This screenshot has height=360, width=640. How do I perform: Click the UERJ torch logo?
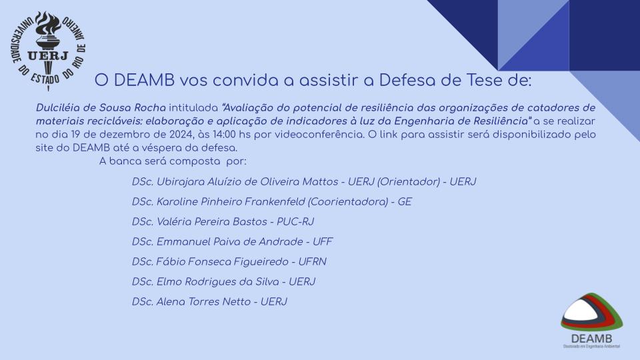pyautogui.click(x=48, y=50)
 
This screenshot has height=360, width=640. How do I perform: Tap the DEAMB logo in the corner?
pyautogui.click(x=591, y=321)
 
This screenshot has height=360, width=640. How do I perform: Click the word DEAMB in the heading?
pyautogui.click(x=144, y=81)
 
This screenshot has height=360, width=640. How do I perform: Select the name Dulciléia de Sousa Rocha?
pyautogui.click(x=101, y=108)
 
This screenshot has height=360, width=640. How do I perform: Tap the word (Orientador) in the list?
pyautogui.click(x=409, y=181)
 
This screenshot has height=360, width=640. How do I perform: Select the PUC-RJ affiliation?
pyautogui.click(x=295, y=221)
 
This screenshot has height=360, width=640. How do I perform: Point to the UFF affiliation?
pyautogui.click(x=323, y=241)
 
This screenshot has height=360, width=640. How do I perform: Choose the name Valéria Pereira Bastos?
pyautogui.click(x=212, y=221)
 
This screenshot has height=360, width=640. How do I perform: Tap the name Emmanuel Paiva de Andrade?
pyautogui.click(x=230, y=241)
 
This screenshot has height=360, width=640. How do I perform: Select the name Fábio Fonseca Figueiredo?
pyautogui.click(x=223, y=261)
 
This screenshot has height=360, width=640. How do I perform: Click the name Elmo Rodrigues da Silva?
pyautogui.click(x=218, y=281)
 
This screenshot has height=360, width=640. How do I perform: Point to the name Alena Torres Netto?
pyautogui.click(x=204, y=301)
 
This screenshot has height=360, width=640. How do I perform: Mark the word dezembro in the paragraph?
pyautogui.click(x=123, y=134)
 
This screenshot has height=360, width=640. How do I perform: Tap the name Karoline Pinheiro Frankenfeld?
pyautogui.click(x=231, y=201)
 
